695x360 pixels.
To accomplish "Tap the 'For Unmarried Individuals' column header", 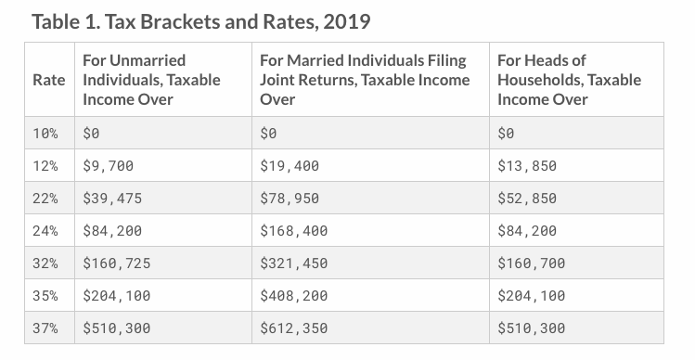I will [x=151, y=80].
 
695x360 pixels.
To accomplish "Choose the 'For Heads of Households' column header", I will [x=569, y=80].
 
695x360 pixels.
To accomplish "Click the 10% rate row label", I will [x=45, y=134].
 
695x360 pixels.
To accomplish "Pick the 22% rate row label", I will [x=45, y=199].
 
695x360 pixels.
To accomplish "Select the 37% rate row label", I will [x=45, y=328].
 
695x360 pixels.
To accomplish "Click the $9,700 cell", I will [x=109, y=166].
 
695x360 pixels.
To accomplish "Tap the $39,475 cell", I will [x=112, y=199].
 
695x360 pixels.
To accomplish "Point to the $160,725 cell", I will [x=116, y=264].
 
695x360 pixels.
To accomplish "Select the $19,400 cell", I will [x=290, y=166].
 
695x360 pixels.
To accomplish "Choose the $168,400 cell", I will [x=294, y=231].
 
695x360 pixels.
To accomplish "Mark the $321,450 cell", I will [x=294, y=264].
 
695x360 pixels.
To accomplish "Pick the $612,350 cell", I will [x=294, y=328].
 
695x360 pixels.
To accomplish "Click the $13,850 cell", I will [x=527, y=166].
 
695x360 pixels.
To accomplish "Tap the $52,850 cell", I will [x=527, y=199].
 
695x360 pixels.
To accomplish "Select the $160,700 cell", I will [x=531, y=264].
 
